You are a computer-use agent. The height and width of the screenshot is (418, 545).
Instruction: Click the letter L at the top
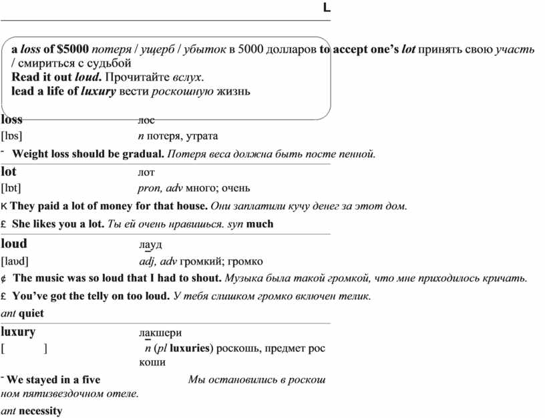326,8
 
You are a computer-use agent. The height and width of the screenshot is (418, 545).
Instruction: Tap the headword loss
12,120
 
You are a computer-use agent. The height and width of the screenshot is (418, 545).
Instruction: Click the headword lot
9,171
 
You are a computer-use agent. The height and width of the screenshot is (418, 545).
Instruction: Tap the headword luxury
18,331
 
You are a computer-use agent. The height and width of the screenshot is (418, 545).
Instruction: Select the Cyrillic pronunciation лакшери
160,333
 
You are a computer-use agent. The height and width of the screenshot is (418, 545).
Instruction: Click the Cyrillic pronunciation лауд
150,244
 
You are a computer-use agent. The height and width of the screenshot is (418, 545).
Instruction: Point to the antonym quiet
31,313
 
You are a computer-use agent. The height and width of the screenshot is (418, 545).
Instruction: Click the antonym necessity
40,411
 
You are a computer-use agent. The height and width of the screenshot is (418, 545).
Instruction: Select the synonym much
260,224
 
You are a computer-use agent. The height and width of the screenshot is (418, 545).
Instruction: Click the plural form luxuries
190,348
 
